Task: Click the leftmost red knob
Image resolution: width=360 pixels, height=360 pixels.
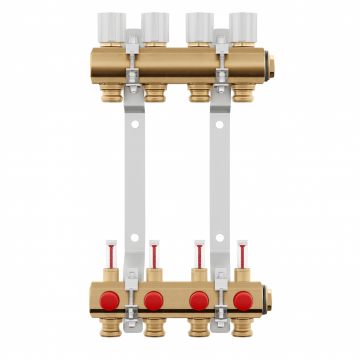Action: [111, 300]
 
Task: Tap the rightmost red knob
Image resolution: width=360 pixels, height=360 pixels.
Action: [243, 300]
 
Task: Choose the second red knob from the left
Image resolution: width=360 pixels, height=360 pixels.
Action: [155, 300]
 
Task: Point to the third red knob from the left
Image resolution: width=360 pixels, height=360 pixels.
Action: [199, 300]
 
